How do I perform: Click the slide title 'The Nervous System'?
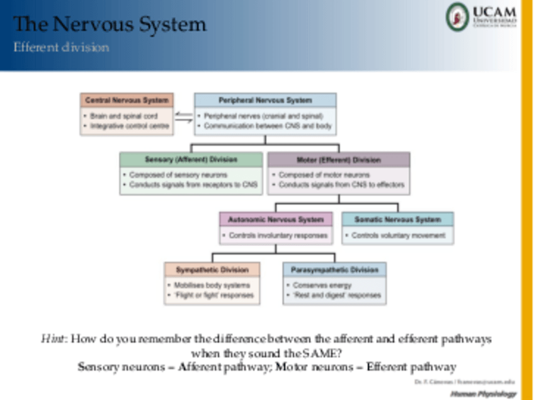click(x=110, y=25)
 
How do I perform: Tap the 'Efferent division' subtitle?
click(x=61, y=48)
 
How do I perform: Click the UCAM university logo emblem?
click(x=458, y=16)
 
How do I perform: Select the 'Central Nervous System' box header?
click(x=127, y=100)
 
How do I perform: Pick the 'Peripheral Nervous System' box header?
click(x=265, y=100)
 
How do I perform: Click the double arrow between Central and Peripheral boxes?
click(x=184, y=115)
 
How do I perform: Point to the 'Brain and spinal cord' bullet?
click(x=122, y=116)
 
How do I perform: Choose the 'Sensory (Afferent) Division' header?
click(x=191, y=159)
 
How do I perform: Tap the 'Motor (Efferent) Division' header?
click(x=338, y=159)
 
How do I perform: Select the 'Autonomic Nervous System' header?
click(x=276, y=220)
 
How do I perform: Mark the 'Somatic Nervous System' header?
click(x=397, y=220)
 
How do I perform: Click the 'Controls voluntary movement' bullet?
click(x=399, y=236)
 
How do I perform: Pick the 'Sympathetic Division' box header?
click(x=212, y=270)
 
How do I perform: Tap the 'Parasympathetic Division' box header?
click(x=334, y=270)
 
